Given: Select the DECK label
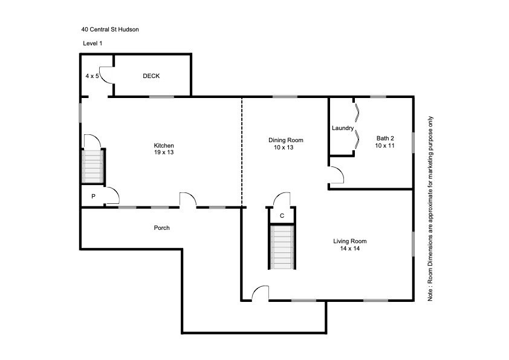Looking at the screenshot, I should [x=151, y=76].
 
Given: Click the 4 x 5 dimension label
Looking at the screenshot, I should [x=92, y=76].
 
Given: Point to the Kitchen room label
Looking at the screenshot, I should [x=164, y=146].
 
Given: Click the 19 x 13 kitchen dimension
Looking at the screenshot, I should [x=164, y=153].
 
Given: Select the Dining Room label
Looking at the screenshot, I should [x=285, y=140].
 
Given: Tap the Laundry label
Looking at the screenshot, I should [x=342, y=128].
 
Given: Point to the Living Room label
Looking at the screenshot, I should [x=350, y=241].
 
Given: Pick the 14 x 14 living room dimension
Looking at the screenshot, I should [x=350, y=249].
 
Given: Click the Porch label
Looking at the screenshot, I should [x=161, y=228].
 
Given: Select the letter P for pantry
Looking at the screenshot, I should [x=93, y=197].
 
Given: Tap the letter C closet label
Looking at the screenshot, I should [x=282, y=215].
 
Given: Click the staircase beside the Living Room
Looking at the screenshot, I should [x=282, y=247].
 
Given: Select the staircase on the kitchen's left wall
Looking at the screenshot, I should [x=93, y=166].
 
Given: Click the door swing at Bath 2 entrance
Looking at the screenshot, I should [x=336, y=175].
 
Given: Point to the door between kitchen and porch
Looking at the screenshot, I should [x=188, y=200].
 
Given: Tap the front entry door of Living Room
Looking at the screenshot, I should [x=261, y=293].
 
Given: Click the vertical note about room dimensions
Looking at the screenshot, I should [x=430, y=209].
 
